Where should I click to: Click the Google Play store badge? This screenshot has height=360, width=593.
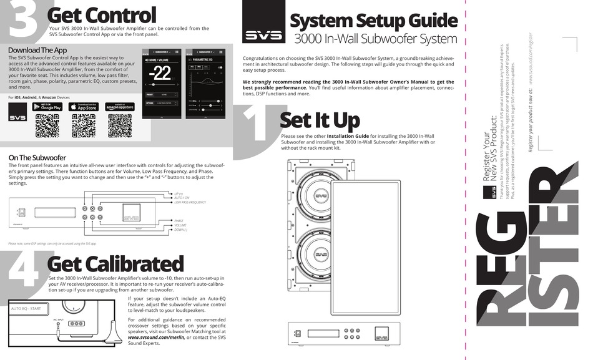click(x=47, y=107)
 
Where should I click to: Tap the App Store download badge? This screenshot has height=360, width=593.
click(x=84, y=107)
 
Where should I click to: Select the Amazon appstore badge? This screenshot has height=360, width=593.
click(x=120, y=107)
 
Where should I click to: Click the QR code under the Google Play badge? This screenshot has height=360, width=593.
click(x=47, y=126)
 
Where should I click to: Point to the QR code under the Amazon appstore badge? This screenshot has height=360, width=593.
click(x=120, y=126)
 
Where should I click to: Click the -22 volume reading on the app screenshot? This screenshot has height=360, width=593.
click(x=161, y=73)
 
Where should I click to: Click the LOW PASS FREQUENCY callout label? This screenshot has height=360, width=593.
click(x=190, y=203)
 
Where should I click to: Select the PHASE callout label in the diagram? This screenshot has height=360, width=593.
click(x=179, y=220)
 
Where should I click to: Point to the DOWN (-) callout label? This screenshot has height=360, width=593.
click(x=182, y=230)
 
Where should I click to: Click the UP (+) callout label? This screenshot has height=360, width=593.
click(x=179, y=193)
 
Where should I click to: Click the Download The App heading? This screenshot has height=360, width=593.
click(x=37, y=50)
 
